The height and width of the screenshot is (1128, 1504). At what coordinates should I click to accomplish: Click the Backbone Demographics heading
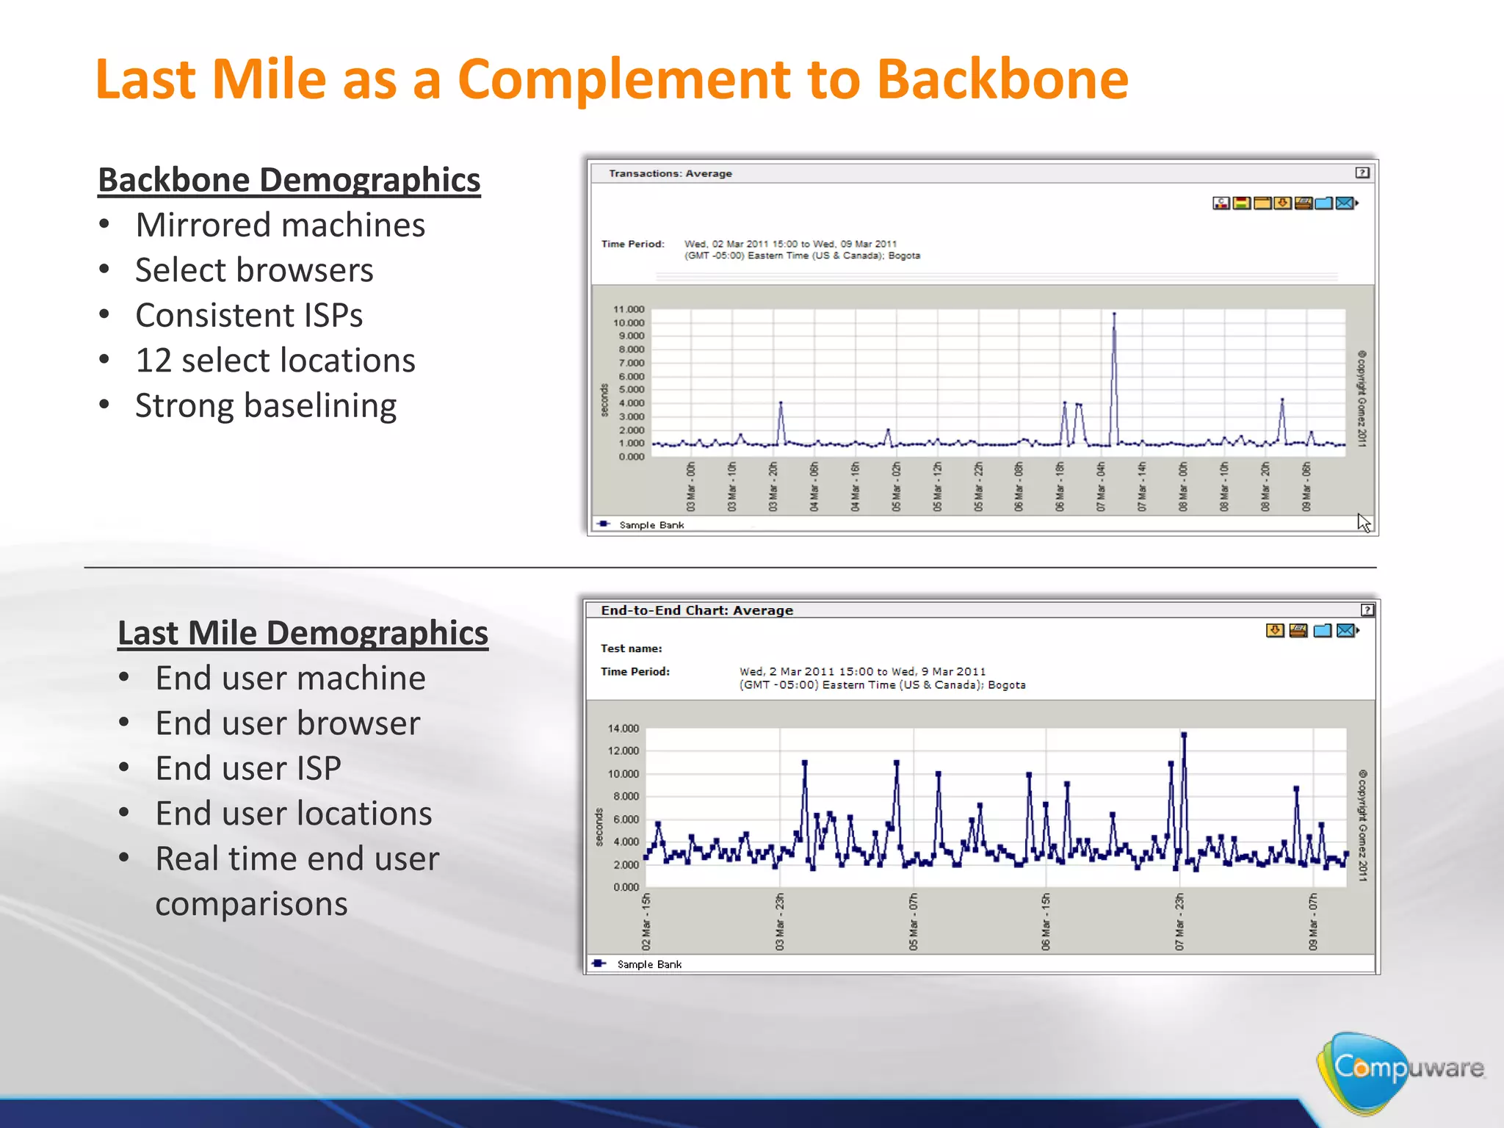click(289, 180)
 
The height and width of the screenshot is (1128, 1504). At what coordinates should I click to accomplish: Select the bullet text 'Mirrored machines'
click(280, 225)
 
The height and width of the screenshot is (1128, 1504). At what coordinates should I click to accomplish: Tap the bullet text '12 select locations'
click(275, 361)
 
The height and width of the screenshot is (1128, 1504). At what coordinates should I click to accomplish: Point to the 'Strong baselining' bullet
click(266, 406)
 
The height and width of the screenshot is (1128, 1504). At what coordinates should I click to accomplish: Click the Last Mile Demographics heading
click(303, 633)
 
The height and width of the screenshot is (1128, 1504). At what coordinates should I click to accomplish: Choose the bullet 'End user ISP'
click(248, 768)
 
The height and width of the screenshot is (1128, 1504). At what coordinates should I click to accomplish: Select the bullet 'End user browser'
click(288, 723)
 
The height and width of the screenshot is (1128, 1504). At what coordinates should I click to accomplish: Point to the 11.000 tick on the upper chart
click(629, 309)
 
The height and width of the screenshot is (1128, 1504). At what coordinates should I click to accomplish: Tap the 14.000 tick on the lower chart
click(623, 728)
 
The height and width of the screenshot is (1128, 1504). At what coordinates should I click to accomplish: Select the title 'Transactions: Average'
click(670, 173)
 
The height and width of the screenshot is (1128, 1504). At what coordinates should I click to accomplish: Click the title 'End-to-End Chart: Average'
click(697, 610)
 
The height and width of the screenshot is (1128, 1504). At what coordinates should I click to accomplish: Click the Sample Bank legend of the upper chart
click(651, 525)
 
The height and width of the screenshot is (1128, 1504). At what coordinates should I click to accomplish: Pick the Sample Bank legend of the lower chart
click(648, 964)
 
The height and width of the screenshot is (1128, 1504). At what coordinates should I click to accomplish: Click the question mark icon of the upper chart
click(1362, 173)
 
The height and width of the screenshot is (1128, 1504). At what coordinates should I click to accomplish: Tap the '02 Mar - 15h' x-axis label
click(646, 922)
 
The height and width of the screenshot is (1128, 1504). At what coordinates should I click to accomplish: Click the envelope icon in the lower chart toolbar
click(1345, 630)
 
